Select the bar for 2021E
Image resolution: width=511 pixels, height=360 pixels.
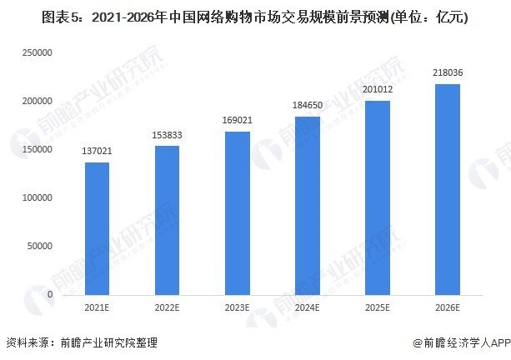[x=97, y=228]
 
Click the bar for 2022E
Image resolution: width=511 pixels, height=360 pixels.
[x=167, y=221]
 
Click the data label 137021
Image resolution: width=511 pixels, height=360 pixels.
[x=97, y=152]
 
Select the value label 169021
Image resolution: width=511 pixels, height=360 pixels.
[x=237, y=122]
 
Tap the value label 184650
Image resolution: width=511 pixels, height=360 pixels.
[x=307, y=107]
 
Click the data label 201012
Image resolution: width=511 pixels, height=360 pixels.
[x=377, y=91]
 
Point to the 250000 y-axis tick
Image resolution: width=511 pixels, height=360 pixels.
[x=37, y=52]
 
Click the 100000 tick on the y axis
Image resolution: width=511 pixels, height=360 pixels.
[x=37, y=198]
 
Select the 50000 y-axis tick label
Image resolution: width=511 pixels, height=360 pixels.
[x=39, y=247]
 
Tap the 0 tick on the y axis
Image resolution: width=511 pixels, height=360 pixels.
[x=50, y=295]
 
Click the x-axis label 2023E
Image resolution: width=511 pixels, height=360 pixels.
[x=237, y=308]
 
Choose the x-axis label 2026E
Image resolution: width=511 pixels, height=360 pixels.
[x=447, y=308]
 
